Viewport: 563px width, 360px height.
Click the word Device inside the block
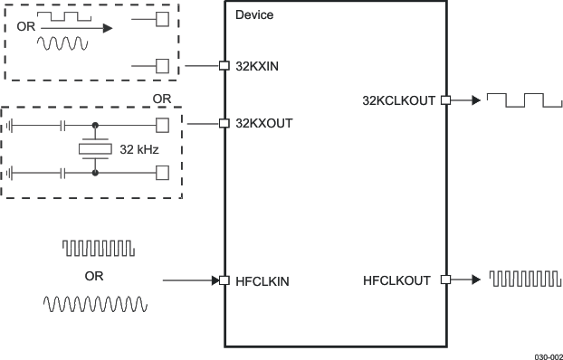tap(253, 15)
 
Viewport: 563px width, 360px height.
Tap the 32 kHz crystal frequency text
tap(139, 148)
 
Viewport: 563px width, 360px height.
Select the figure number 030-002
tap(547, 355)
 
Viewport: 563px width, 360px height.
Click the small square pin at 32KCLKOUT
tap(445, 100)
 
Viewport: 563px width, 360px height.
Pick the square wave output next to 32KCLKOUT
tap(514, 99)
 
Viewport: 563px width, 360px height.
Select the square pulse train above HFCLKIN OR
tap(98, 247)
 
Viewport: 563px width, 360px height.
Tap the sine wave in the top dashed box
tap(62, 43)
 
